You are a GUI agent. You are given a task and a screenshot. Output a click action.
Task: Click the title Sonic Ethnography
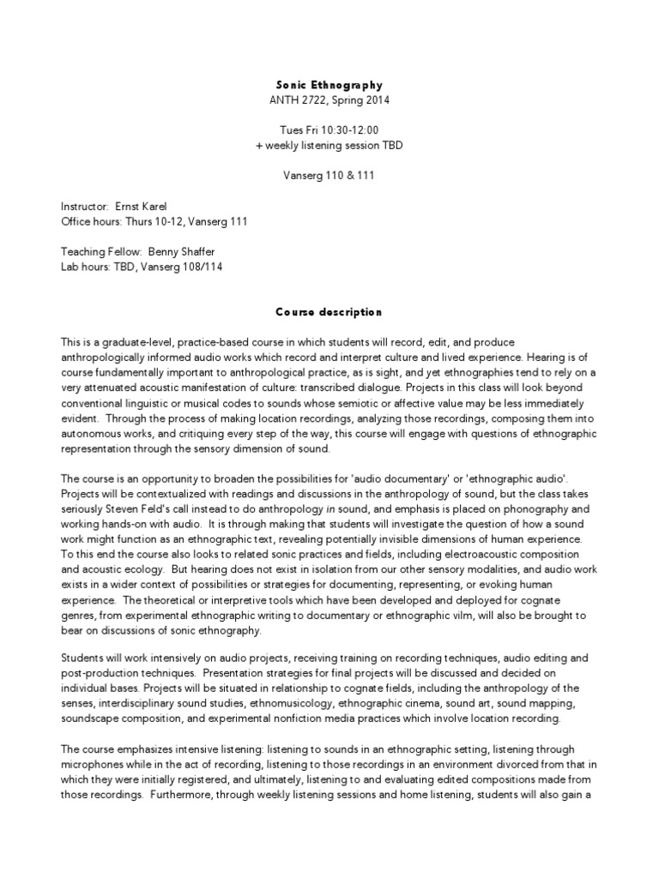pos(329,86)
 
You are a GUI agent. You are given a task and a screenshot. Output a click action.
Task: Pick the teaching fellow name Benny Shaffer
pos(182,252)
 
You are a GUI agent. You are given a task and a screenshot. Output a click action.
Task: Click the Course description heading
pos(329,312)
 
